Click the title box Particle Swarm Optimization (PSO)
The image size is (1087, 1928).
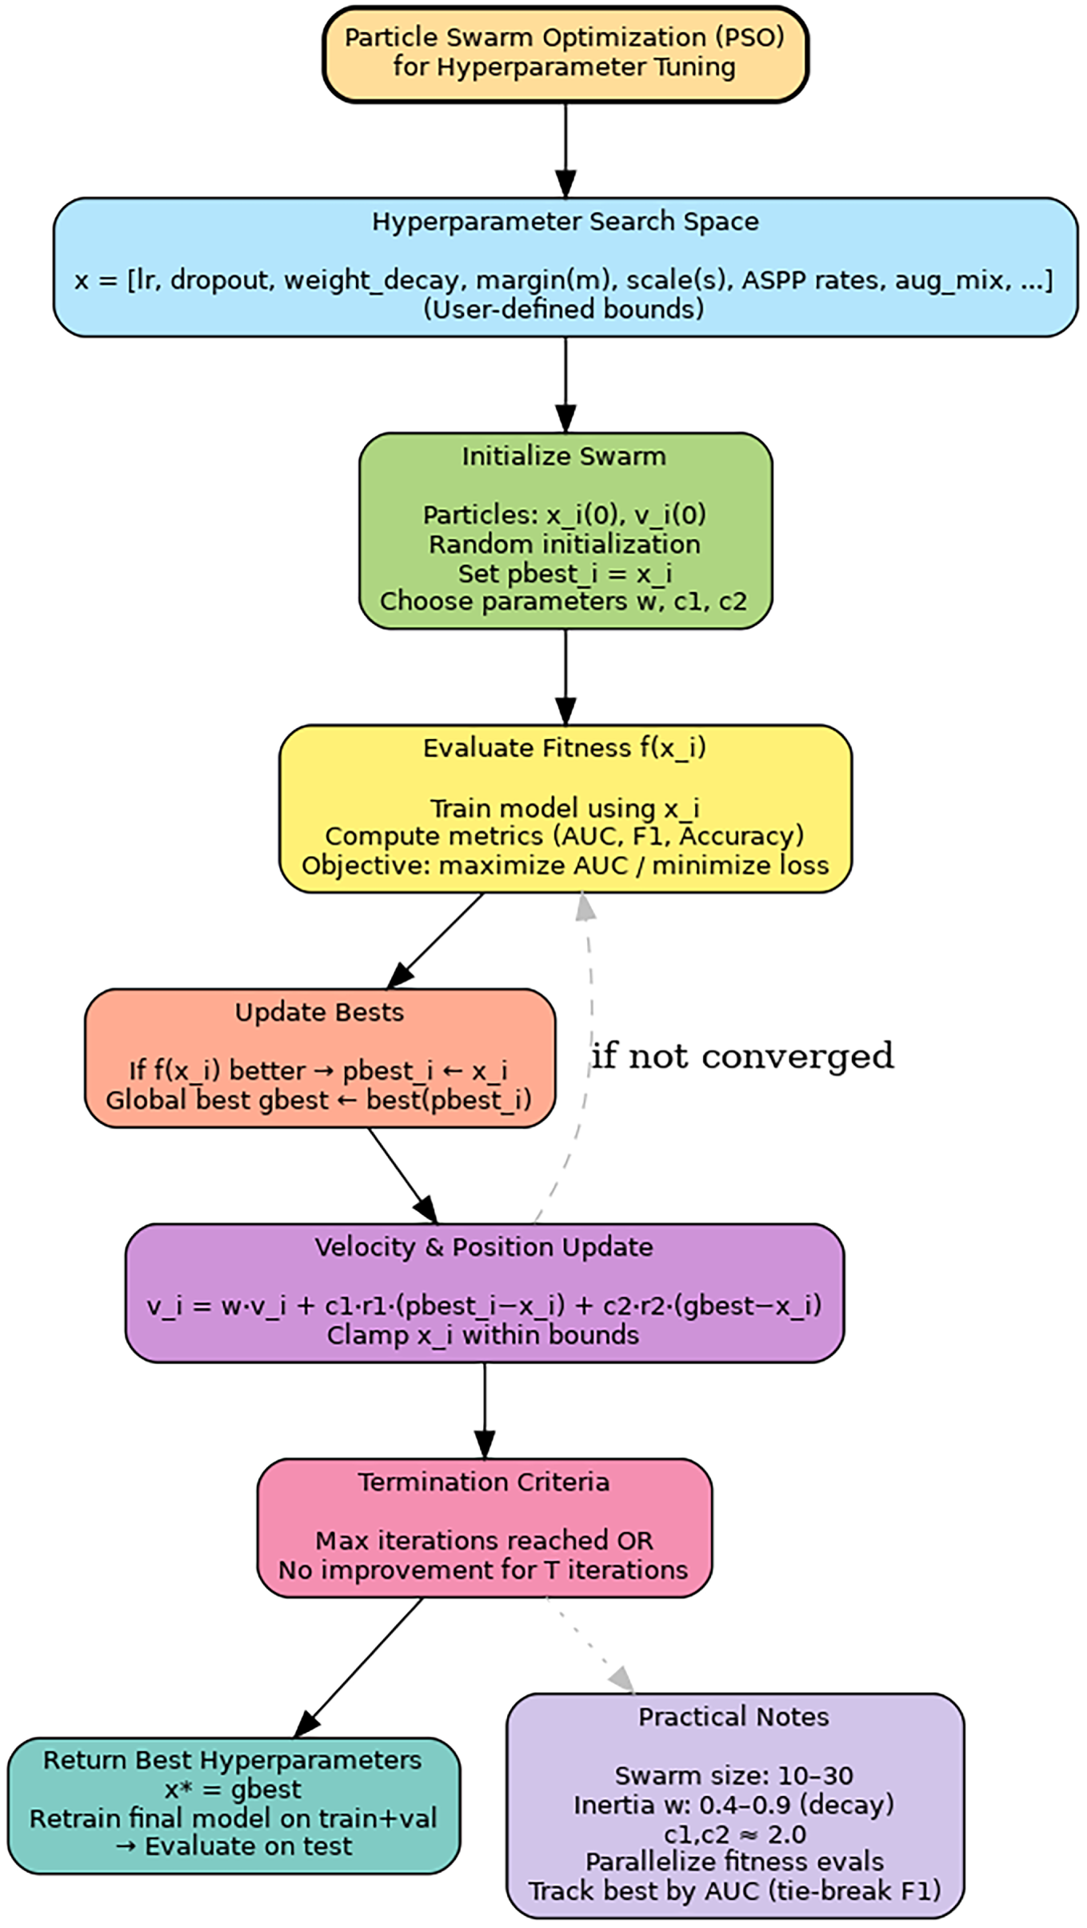click(565, 54)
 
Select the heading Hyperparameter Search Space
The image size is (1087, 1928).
click(565, 222)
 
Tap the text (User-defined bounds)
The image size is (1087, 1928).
click(564, 309)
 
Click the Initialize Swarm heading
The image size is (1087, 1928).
click(564, 456)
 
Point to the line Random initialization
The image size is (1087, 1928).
click(565, 544)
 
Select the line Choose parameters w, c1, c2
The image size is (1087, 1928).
click(564, 601)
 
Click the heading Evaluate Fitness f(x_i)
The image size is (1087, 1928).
click(565, 748)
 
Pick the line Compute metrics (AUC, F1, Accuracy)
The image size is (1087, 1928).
click(565, 836)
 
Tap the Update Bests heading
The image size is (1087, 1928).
click(319, 1012)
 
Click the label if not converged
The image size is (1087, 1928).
click(742, 1056)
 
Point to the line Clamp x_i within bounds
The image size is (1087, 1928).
click(483, 1335)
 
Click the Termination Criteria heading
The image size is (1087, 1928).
click(484, 1482)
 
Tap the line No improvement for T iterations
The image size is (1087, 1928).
click(483, 1570)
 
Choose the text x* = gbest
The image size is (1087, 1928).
click(233, 1790)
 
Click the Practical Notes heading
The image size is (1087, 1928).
click(733, 1717)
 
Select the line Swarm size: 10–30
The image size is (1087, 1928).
click(733, 1775)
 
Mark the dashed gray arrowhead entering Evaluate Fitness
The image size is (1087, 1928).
click(585, 906)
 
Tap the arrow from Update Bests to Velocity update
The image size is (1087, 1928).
click(403, 1175)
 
